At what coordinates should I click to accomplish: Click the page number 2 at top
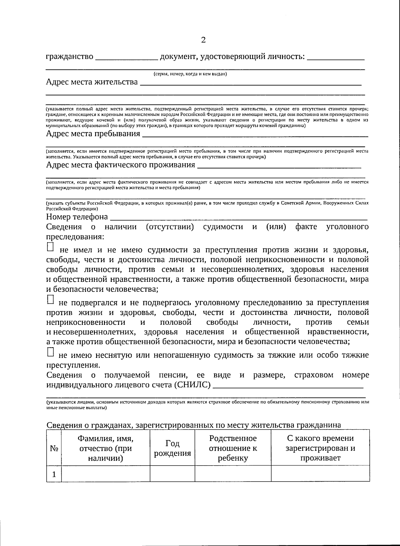tap(203, 40)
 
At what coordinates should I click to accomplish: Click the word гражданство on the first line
tap(69, 57)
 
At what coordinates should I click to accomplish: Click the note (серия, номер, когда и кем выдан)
tap(190, 74)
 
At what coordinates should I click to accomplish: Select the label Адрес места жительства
tap(92, 82)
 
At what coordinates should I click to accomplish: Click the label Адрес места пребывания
tap(93, 134)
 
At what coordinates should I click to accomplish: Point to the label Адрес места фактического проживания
tap(120, 165)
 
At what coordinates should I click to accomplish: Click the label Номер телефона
tap(77, 217)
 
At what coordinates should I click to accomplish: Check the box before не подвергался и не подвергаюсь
tap(50, 300)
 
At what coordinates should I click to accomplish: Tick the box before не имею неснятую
tap(50, 352)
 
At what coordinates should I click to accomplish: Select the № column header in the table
tap(54, 449)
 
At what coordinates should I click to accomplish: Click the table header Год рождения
tap(172, 448)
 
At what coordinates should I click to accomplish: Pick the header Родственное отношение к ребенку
tap(233, 448)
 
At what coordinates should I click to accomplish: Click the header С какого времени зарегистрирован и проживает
tap(320, 448)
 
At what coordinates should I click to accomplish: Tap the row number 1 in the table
tap(54, 474)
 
